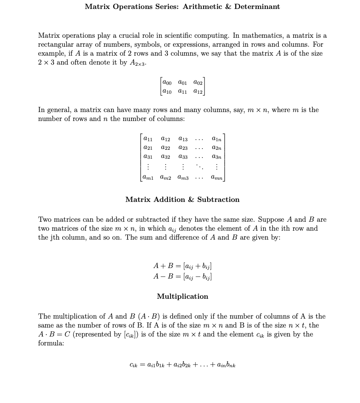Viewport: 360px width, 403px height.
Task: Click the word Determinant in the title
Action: [257, 7]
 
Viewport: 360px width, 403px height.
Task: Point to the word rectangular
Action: [56, 44]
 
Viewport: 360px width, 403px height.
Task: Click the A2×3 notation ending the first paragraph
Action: [138, 63]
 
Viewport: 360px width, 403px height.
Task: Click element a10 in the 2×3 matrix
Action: [168, 91]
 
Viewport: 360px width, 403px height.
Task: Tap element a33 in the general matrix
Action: [183, 156]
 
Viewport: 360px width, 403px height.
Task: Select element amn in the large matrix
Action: [217, 177]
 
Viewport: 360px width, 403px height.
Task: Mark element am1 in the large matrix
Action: [148, 177]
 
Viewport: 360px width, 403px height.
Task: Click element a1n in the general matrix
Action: [217, 139]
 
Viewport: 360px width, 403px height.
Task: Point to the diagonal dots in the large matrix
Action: [199, 167]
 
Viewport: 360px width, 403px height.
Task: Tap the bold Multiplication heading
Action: [182, 296]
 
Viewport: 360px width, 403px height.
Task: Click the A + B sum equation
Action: [182, 266]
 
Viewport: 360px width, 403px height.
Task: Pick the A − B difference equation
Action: [182, 277]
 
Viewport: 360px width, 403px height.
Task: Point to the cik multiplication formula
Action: [182, 365]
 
